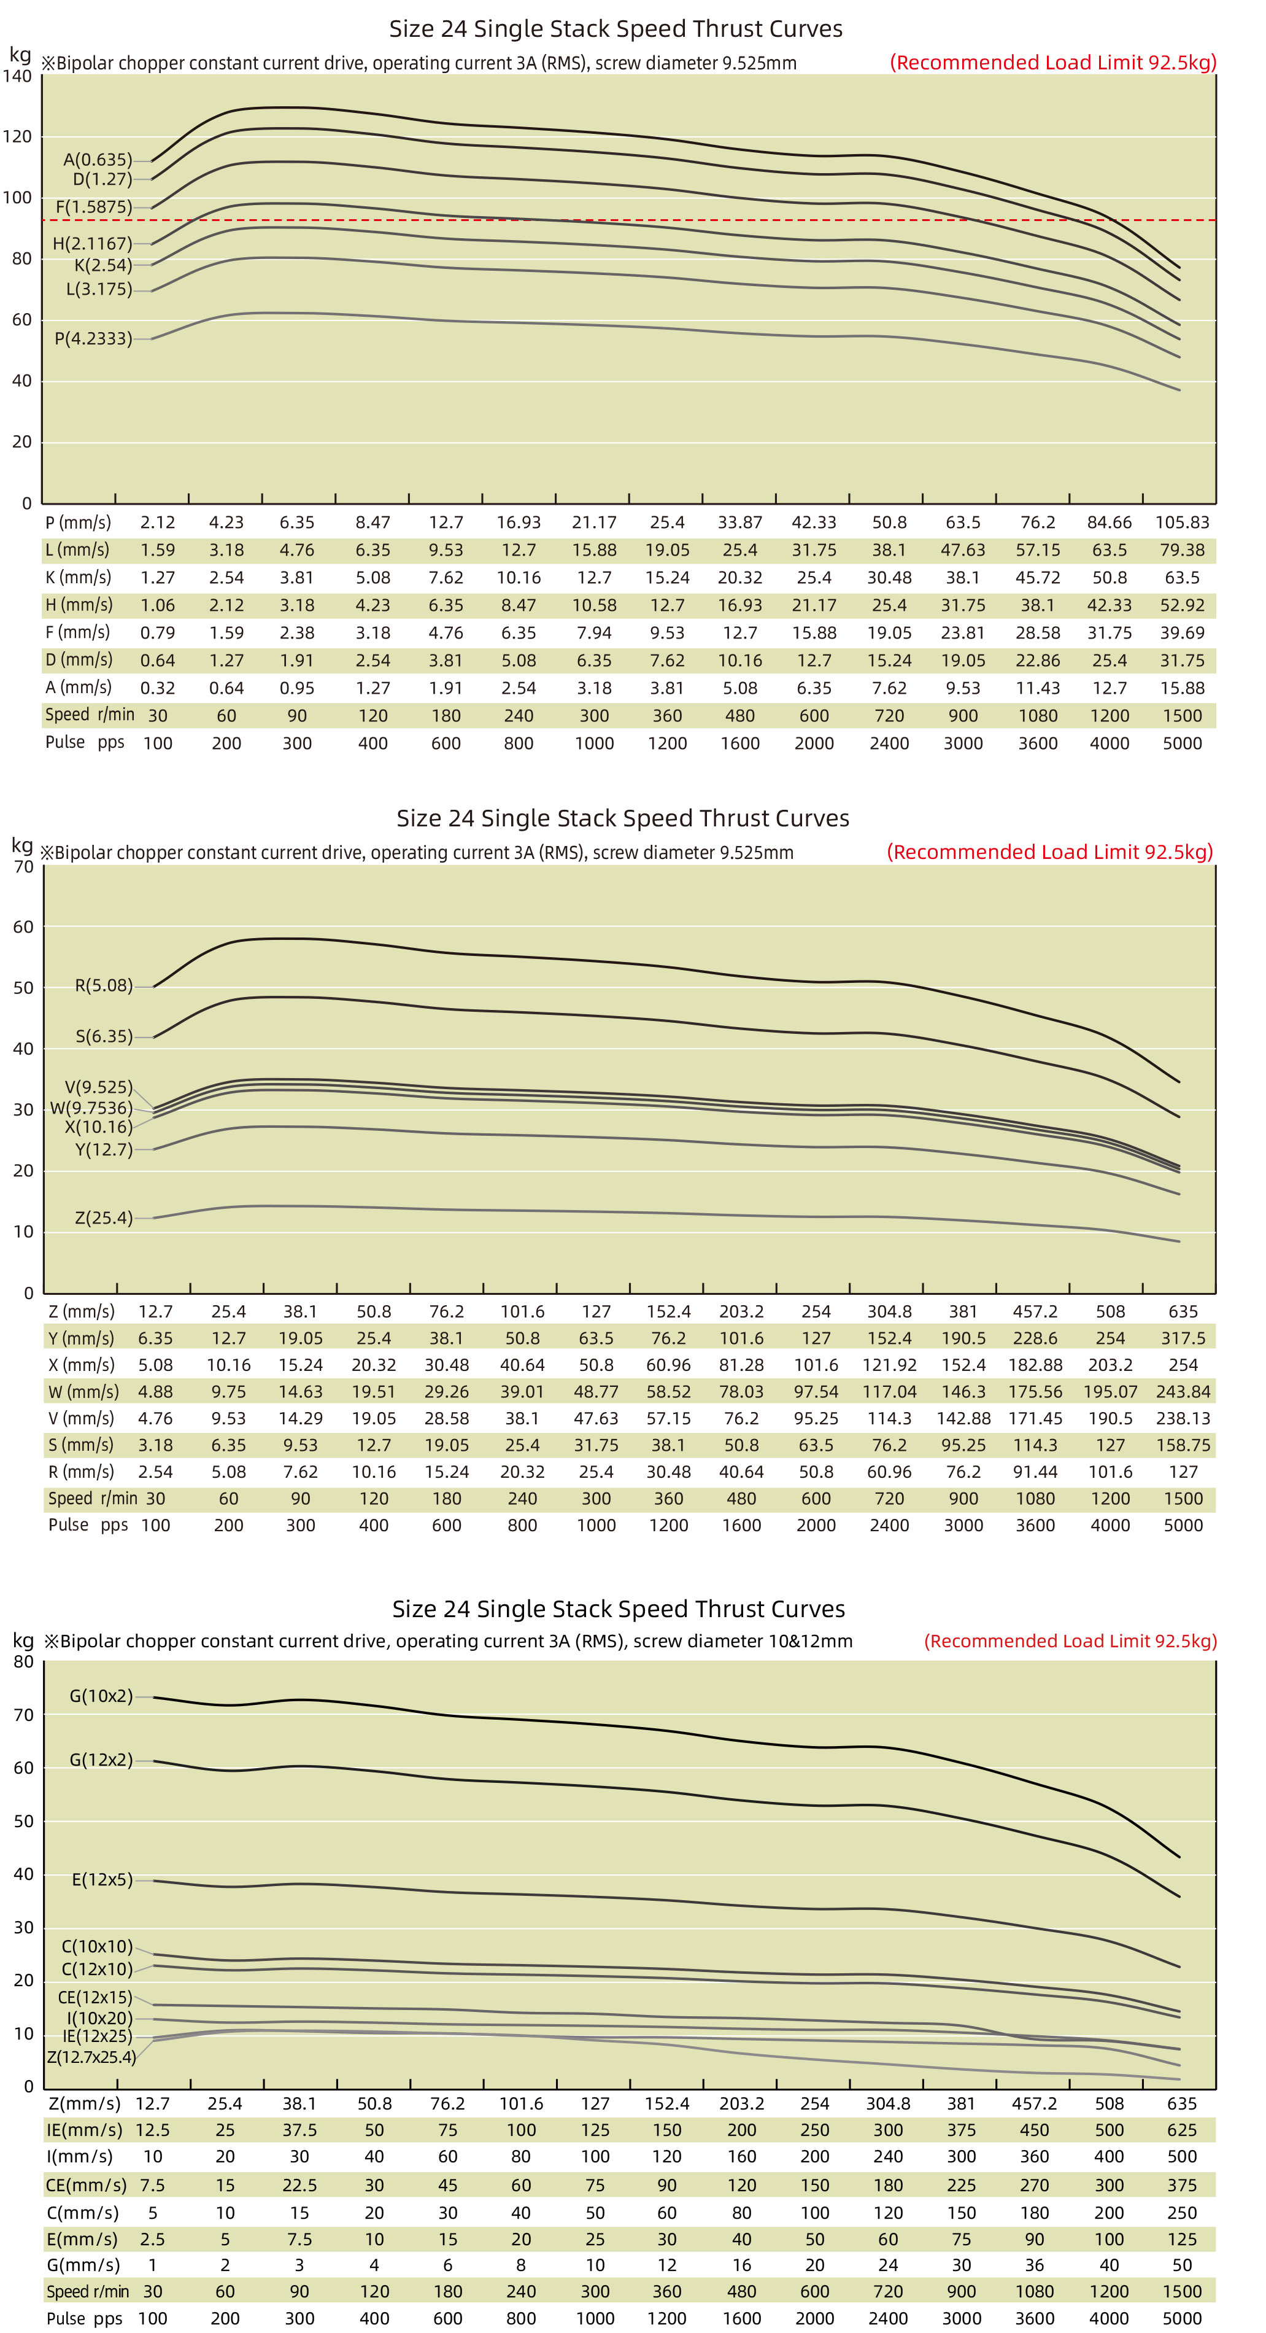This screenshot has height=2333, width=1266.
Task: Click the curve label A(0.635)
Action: click(x=98, y=160)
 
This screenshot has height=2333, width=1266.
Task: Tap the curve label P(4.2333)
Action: click(x=93, y=339)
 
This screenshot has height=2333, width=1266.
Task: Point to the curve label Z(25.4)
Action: click(x=103, y=1218)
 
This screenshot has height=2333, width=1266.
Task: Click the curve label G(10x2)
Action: click(x=101, y=1696)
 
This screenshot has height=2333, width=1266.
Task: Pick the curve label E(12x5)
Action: click(x=101, y=1880)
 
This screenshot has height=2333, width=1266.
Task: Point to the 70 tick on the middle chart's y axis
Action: click(x=23, y=867)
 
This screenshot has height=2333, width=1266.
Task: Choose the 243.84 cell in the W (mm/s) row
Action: click(x=1183, y=1392)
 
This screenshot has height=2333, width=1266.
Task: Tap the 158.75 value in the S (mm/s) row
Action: click(x=1183, y=1445)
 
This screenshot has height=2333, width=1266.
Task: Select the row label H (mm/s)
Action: click(x=79, y=605)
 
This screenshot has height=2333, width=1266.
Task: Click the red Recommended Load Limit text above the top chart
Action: click(x=1052, y=63)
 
